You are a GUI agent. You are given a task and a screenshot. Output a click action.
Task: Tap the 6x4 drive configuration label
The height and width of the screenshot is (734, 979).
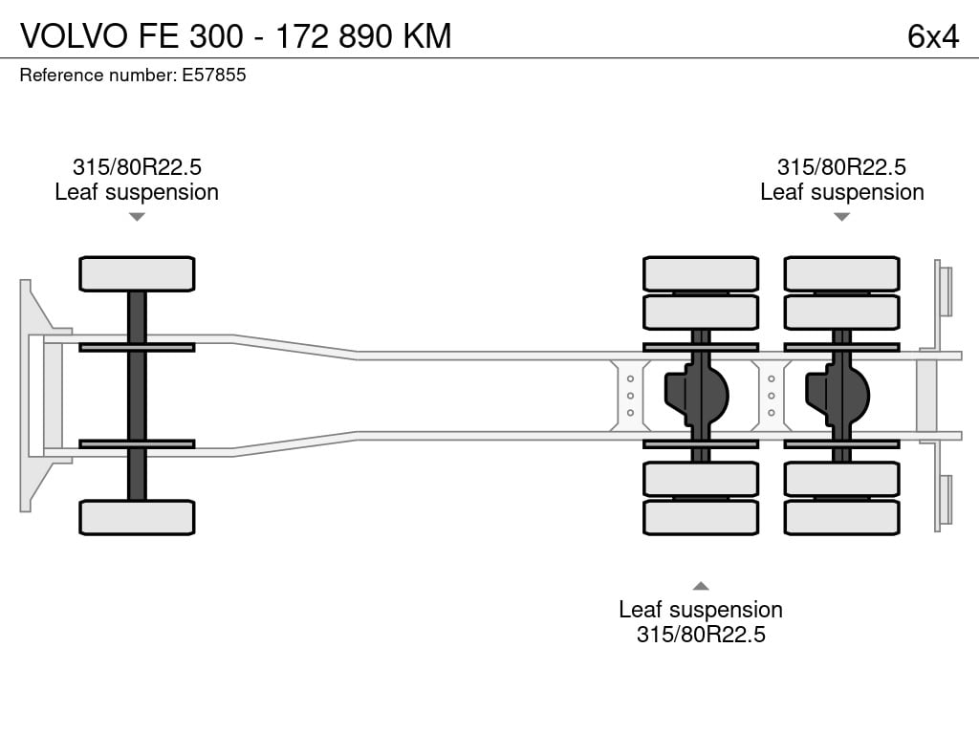pyautogui.click(x=933, y=36)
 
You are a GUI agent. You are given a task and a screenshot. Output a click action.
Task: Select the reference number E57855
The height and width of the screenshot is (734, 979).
pyautogui.click(x=213, y=75)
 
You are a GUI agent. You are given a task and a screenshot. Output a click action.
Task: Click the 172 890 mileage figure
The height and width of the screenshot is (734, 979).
pyautogui.click(x=333, y=35)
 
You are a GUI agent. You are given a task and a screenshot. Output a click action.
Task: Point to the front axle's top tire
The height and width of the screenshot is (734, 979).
pyautogui.click(x=137, y=274)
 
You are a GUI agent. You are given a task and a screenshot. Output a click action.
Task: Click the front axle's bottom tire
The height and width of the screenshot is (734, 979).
pyautogui.click(x=137, y=517)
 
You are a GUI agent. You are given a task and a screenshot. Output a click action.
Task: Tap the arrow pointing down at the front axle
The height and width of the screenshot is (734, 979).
pyautogui.click(x=137, y=217)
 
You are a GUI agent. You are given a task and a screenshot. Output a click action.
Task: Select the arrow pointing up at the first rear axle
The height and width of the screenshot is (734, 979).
pyautogui.click(x=701, y=586)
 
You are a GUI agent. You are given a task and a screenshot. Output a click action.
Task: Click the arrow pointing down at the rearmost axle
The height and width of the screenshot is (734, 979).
pyautogui.click(x=841, y=217)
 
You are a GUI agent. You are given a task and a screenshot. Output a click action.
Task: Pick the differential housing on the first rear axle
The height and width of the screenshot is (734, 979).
pyautogui.click(x=696, y=396)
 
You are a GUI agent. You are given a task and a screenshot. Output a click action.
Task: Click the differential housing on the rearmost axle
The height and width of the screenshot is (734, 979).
pyautogui.click(x=838, y=396)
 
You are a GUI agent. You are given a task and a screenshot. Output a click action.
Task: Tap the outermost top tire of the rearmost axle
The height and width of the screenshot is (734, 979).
pyautogui.click(x=841, y=274)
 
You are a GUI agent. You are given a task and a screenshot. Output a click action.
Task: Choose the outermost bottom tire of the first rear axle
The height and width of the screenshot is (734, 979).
pyautogui.click(x=701, y=517)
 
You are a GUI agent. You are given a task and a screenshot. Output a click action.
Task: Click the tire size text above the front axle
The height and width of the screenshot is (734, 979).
pyautogui.click(x=137, y=167)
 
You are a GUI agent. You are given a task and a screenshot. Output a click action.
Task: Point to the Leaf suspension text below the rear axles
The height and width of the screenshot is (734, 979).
pyautogui.click(x=701, y=609)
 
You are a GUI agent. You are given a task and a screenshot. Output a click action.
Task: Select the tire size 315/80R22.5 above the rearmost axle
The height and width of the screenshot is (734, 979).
pyautogui.click(x=841, y=167)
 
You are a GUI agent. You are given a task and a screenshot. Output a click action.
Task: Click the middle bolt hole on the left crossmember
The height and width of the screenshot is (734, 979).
pyautogui.click(x=630, y=396)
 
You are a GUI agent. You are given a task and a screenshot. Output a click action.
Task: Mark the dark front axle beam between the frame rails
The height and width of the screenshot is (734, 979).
pyautogui.click(x=137, y=396)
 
